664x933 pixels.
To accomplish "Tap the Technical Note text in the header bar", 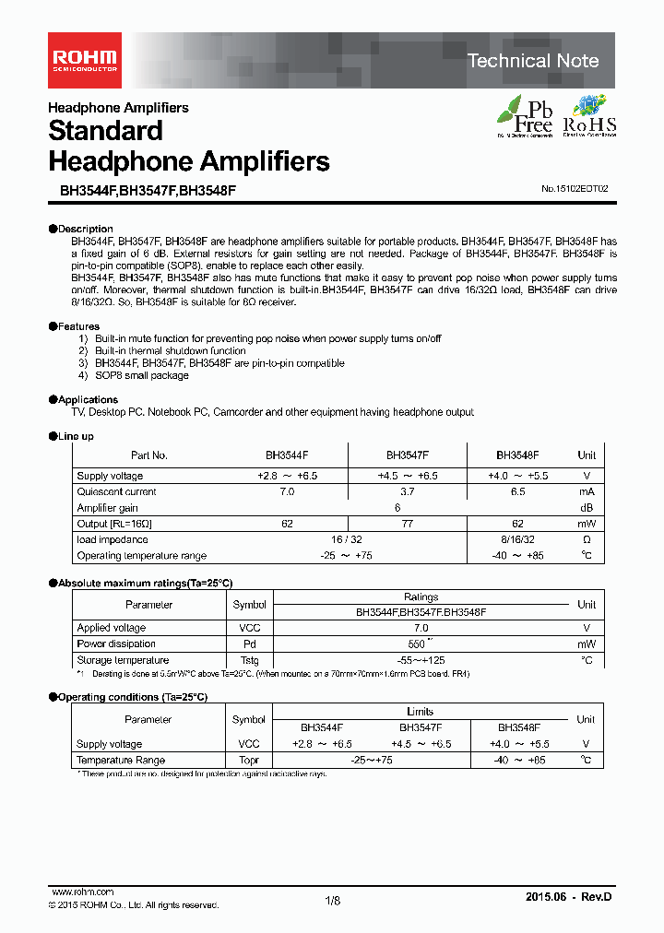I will pyautogui.click(x=533, y=61).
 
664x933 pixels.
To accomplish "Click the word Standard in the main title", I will pyautogui.click(x=105, y=131).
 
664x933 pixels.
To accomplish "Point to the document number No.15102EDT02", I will pyautogui.click(x=575, y=188).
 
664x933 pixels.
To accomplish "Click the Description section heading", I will pyautogui.click(x=85, y=229).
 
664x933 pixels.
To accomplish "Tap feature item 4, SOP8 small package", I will pyautogui.click(x=134, y=375).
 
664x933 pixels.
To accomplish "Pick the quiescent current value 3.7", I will pyautogui.click(x=407, y=492).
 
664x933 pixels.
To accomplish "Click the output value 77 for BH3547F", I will pyautogui.click(x=407, y=524).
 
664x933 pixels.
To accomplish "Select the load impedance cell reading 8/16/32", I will pyautogui.click(x=516, y=540).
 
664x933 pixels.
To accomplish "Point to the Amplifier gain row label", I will pyautogui.click(x=108, y=508).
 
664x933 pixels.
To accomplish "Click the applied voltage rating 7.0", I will pyautogui.click(x=421, y=628).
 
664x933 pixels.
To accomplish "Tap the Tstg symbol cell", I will pyautogui.click(x=249, y=660).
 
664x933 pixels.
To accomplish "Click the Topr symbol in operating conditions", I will pyautogui.click(x=249, y=761).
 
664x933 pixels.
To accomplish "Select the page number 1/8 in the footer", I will pyautogui.click(x=332, y=901).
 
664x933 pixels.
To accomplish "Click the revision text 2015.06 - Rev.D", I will pyautogui.click(x=568, y=897).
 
